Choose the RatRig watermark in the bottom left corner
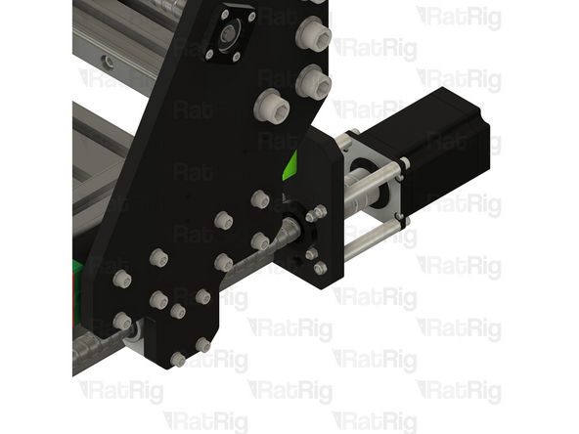pos(118,390)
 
